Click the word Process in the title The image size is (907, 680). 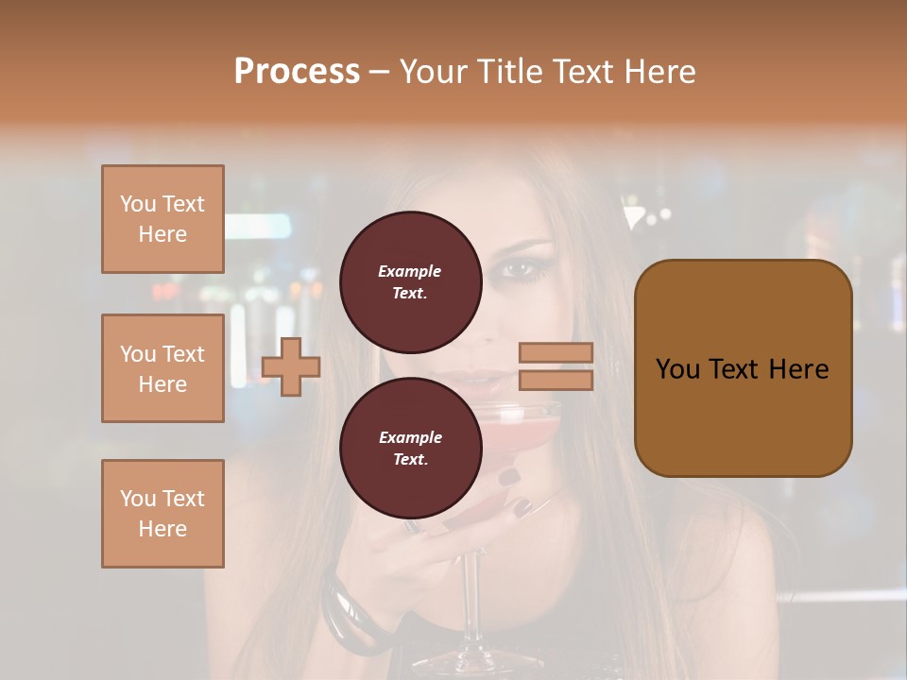[x=297, y=72]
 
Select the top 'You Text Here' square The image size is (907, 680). [x=163, y=219]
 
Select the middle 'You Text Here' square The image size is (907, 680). [x=163, y=368]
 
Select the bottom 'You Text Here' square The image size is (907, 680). [x=163, y=514]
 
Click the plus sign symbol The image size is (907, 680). [x=291, y=366]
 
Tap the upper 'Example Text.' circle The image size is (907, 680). [x=410, y=281]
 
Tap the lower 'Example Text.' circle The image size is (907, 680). [x=410, y=448]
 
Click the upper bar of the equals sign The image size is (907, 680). [x=556, y=352]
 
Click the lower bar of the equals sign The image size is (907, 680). [x=556, y=380]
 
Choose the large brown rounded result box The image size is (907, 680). [x=743, y=368]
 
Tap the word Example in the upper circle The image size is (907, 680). [x=410, y=271]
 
